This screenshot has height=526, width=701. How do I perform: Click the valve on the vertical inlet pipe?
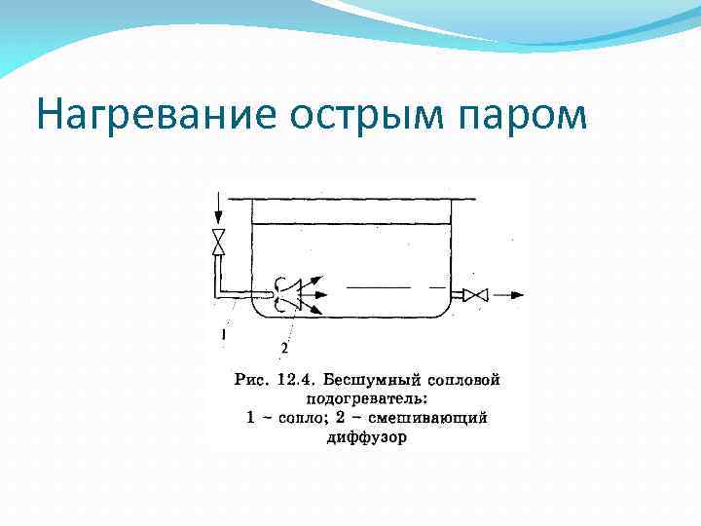(x=219, y=243)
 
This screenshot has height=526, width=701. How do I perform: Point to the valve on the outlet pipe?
(x=476, y=294)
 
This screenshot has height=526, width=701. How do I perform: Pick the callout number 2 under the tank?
(x=283, y=348)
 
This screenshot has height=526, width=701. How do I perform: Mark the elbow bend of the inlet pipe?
(x=220, y=292)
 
